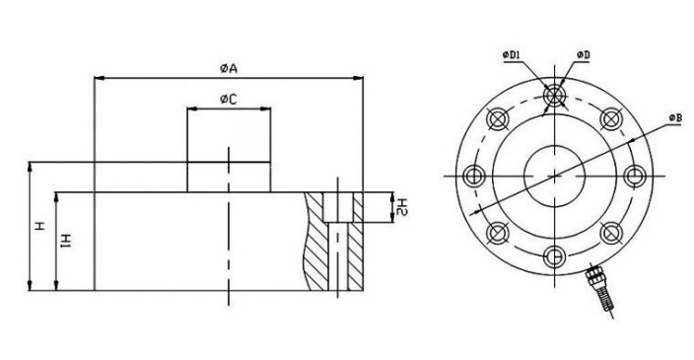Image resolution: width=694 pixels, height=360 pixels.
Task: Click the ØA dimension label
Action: (229, 69)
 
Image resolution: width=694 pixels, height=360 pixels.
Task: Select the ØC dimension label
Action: (229, 100)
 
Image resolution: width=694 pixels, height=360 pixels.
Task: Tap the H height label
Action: (40, 227)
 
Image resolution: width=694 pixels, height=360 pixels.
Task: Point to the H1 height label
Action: (66, 241)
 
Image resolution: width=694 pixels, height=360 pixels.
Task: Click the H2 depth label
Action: (402, 207)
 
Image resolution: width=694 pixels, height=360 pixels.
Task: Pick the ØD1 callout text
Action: (512, 55)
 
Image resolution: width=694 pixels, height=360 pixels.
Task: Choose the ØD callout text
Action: (584, 55)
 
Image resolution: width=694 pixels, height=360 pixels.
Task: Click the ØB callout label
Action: (675, 118)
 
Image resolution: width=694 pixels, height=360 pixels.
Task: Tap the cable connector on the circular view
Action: (597, 287)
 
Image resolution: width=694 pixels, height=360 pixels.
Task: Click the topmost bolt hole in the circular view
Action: (555, 96)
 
